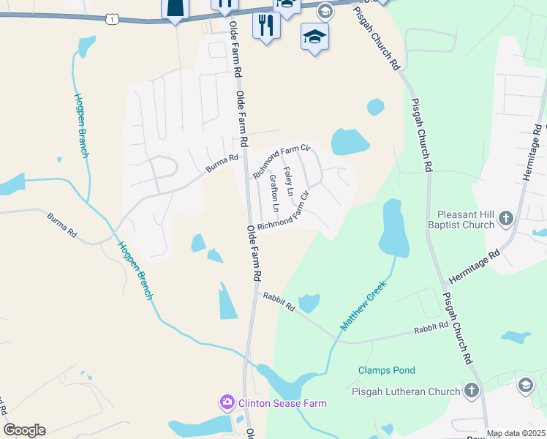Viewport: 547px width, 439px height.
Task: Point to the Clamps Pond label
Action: pos(387,370)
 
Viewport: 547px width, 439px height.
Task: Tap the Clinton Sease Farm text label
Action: pos(280,403)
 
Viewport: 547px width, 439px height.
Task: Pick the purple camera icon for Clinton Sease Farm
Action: pos(227,402)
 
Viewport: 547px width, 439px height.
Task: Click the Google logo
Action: pos(24,429)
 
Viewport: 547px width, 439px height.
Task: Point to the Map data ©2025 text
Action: pos(516,433)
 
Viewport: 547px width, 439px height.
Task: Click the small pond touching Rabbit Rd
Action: pos(309,302)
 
